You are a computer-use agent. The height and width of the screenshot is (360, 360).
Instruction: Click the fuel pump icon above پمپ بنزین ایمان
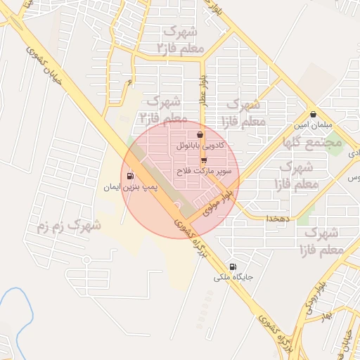129,176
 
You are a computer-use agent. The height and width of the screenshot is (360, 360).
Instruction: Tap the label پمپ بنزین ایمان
130,188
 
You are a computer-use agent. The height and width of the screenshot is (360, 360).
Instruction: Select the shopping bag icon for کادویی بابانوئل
200,134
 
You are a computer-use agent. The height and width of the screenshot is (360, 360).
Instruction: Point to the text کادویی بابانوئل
201,146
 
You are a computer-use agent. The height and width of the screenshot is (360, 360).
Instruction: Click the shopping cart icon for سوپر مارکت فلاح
204,160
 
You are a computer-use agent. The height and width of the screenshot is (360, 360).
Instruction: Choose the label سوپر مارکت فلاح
204,172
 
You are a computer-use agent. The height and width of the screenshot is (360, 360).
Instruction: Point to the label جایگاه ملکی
234,278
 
